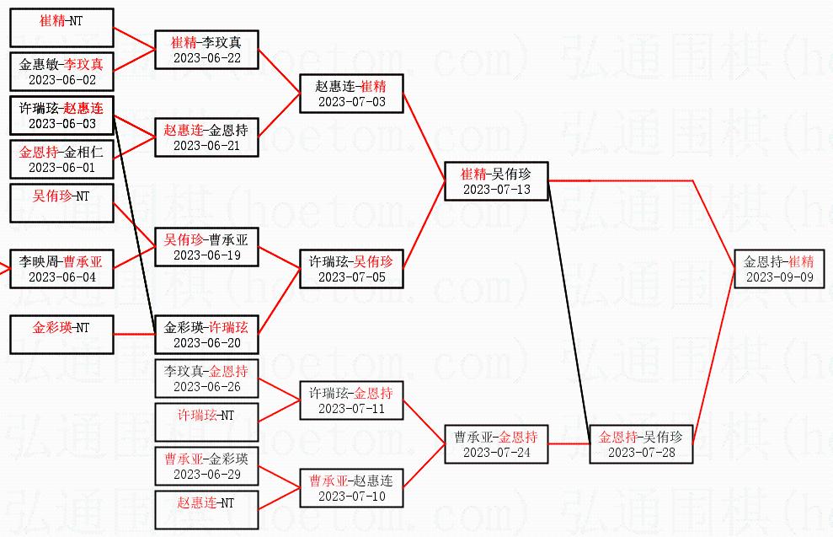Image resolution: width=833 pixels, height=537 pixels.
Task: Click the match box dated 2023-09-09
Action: click(779, 269)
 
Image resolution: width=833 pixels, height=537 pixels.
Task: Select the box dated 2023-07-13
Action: click(496, 181)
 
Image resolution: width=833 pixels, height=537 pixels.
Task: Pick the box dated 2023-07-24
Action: click(496, 444)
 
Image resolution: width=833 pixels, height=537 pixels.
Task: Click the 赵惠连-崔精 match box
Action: click(351, 94)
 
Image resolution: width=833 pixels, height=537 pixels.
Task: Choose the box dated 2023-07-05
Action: click(351, 269)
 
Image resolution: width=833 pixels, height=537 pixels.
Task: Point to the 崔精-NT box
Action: click(61, 28)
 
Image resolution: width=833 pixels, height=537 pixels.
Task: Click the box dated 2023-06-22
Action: click(206, 50)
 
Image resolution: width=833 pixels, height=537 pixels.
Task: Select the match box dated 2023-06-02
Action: click(61, 72)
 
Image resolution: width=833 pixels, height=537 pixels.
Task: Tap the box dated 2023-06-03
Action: click(61, 115)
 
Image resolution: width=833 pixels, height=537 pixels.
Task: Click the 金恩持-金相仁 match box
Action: click(61, 159)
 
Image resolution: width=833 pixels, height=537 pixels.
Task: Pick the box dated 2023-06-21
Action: click(206, 137)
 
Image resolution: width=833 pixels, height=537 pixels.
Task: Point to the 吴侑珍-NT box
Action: click(61, 203)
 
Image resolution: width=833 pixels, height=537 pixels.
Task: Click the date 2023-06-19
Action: click(206, 255)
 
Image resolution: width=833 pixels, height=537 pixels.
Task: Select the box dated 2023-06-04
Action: click(61, 269)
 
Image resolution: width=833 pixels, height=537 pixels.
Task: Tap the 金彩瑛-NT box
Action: click(61, 335)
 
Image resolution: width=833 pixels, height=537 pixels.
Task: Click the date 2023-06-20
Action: click(206, 343)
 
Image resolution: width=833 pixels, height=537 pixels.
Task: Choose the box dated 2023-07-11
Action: click(351, 400)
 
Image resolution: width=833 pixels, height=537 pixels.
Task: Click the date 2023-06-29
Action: click(206, 475)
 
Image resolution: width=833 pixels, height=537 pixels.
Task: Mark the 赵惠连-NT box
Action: click(206, 510)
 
